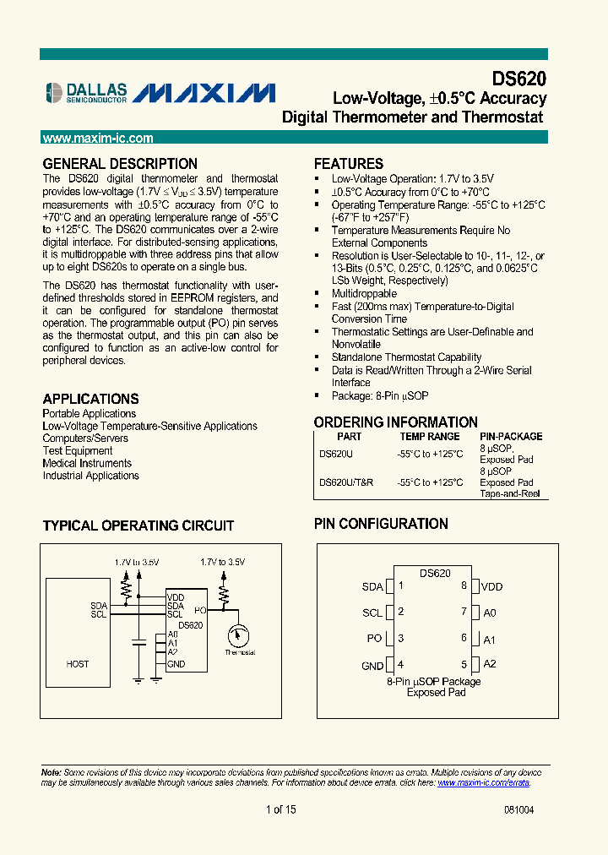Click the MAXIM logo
point(204,92)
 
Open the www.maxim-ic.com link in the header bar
point(98,139)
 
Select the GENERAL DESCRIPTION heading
point(120,164)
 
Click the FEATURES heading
point(349,164)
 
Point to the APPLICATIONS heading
point(91,399)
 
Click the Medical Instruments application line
point(87,463)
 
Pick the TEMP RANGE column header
point(430,437)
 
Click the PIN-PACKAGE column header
point(511,437)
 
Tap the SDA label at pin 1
point(372,587)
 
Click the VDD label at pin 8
point(492,587)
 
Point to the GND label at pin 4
point(372,666)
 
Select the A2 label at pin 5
point(490,664)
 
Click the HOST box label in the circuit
point(78,664)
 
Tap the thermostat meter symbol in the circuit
point(239,634)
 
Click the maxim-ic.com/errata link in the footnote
point(483,782)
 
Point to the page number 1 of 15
point(280,809)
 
